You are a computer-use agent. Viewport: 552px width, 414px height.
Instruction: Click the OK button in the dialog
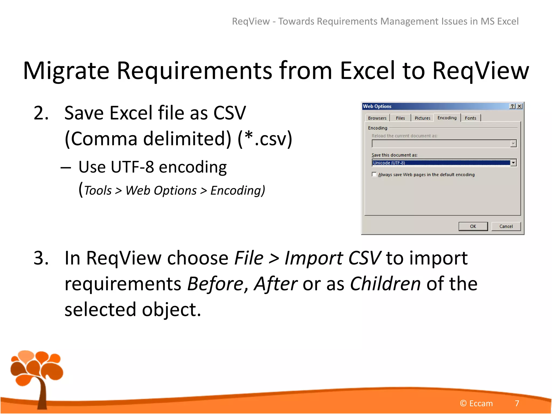(473, 226)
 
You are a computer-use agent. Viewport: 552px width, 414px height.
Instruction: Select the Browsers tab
(377, 118)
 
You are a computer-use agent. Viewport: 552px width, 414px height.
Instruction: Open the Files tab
(400, 118)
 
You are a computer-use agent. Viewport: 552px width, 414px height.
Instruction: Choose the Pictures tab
(422, 118)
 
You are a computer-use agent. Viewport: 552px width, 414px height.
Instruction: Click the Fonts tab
(470, 118)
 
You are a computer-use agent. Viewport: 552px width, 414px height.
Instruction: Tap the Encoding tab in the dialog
(447, 118)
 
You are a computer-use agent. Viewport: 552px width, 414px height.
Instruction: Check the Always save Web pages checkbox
(374, 174)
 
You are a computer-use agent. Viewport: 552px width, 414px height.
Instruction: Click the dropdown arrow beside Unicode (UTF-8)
(513, 163)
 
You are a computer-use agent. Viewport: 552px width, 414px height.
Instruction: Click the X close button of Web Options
(519, 106)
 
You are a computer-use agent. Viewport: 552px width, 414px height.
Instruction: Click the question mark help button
(512, 106)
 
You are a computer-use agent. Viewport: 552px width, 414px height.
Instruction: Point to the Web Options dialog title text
(377, 106)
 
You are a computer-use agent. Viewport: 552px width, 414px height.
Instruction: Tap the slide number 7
(517, 403)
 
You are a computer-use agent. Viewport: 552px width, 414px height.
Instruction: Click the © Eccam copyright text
(476, 403)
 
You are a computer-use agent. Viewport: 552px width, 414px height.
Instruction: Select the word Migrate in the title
(66, 71)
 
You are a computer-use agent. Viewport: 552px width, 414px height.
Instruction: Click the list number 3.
(41, 258)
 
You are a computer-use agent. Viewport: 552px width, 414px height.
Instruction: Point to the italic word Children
(385, 284)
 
